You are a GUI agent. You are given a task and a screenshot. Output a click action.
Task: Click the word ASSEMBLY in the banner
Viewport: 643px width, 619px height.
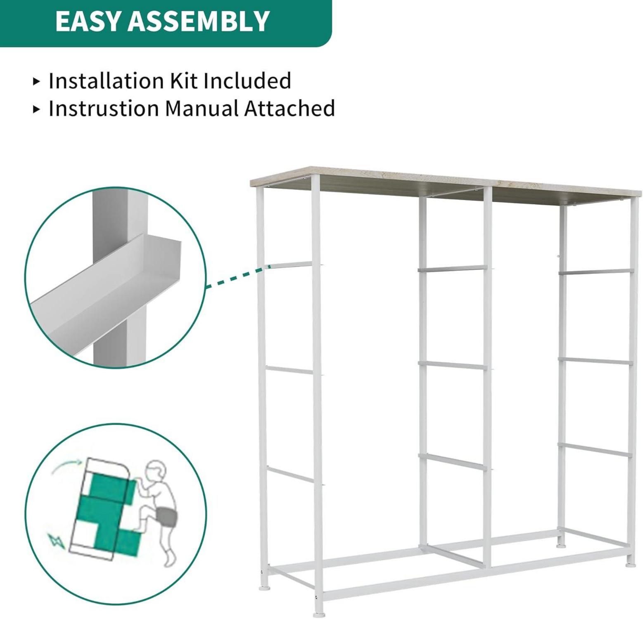199,21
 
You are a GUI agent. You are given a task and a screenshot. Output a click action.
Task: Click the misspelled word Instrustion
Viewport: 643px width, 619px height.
104,109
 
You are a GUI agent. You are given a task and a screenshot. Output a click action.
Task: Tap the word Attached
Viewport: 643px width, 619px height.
289,109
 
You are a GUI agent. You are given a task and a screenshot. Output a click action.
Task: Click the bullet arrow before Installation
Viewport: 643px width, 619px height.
37,81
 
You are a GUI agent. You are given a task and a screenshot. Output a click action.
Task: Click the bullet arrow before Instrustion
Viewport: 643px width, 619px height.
37,109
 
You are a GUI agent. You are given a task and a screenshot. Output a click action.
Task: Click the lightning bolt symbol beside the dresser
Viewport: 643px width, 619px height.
57,541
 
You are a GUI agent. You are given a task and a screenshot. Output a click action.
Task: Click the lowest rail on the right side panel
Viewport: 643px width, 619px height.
595,450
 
